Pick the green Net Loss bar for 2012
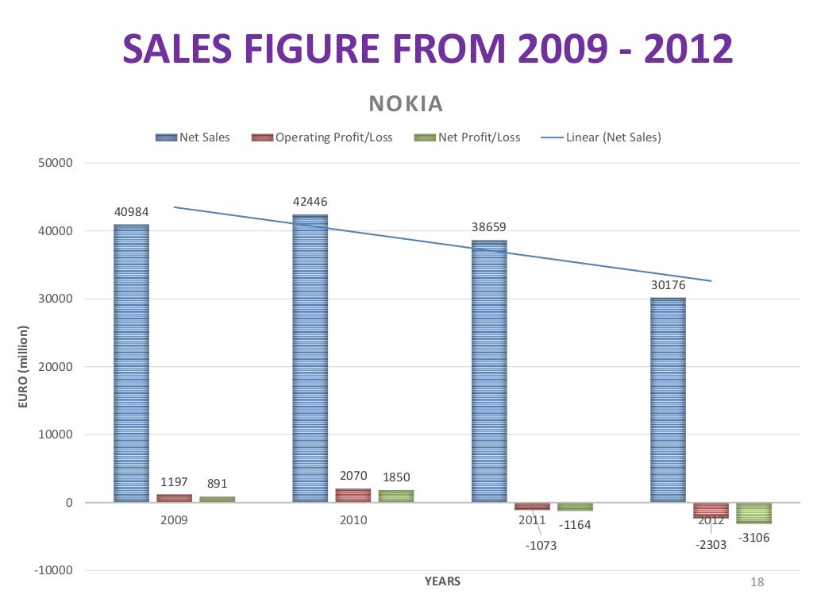click(x=753, y=513)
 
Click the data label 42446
click(x=310, y=202)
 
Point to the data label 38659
click(x=489, y=227)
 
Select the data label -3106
click(x=753, y=538)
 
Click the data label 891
click(x=217, y=483)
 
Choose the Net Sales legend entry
click(x=193, y=137)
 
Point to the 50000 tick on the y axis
click(x=56, y=164)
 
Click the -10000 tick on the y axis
click(x=54, y=570)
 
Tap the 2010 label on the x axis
click(x=353, y=521)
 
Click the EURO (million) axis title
click(x=23, y=367)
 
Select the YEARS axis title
click(x=442, y=581)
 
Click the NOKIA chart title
click(x=406, y=104)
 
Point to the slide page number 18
click(x=757, y=583)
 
